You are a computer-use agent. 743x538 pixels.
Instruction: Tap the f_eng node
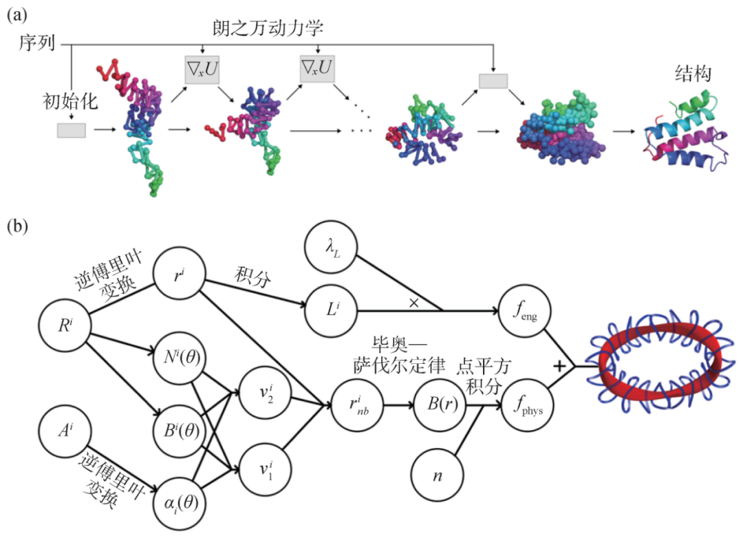coord(524,310)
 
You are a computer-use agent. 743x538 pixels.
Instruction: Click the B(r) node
coord(440,405)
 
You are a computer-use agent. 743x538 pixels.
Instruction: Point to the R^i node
coord(65,325)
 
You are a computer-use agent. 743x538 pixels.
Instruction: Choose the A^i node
coord(65,431)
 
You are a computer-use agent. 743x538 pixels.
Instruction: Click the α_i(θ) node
coord(180,504)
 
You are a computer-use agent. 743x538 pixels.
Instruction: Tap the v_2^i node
coord(266,393)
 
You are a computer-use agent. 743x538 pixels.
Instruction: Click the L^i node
coord(331,310)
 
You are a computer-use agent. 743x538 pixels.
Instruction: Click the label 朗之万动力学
coord(268,28)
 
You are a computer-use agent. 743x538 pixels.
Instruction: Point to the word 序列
coord(37,43)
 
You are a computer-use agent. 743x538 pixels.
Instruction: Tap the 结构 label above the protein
coord(693,74)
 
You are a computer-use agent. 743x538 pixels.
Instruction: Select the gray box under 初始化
coord(72,130)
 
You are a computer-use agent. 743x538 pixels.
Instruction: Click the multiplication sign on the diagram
coord(413,303)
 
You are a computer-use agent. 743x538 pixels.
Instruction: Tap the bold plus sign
coord(559,366)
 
